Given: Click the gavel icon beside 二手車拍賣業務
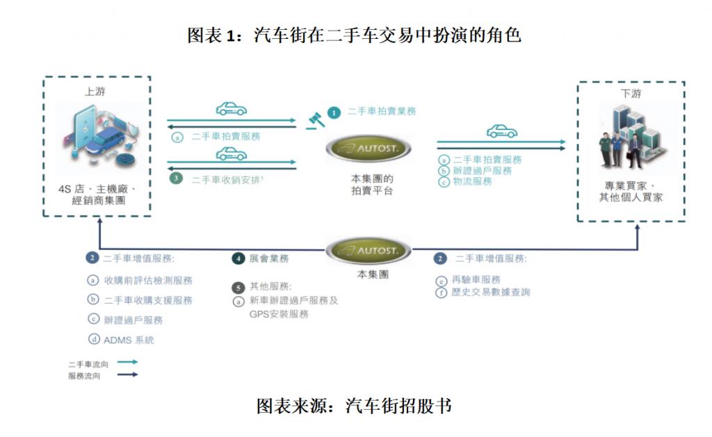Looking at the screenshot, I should coord(315,119).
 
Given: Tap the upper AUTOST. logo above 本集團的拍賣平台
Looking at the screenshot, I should coord(369,147).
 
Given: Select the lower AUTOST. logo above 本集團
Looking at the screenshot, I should coord(369,250).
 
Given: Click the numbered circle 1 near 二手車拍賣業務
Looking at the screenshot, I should coord(334,111).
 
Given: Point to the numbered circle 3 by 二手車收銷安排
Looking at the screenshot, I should coord(177,179).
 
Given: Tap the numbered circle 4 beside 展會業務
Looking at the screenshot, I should coord(238,258).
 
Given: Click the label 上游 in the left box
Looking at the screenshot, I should coord(95,92).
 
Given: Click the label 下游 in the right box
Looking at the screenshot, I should coord(631,94).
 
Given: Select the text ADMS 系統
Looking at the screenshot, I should coord(129,340).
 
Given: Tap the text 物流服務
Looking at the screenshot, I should coord(472,181).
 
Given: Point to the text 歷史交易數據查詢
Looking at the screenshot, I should coord(490,292).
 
